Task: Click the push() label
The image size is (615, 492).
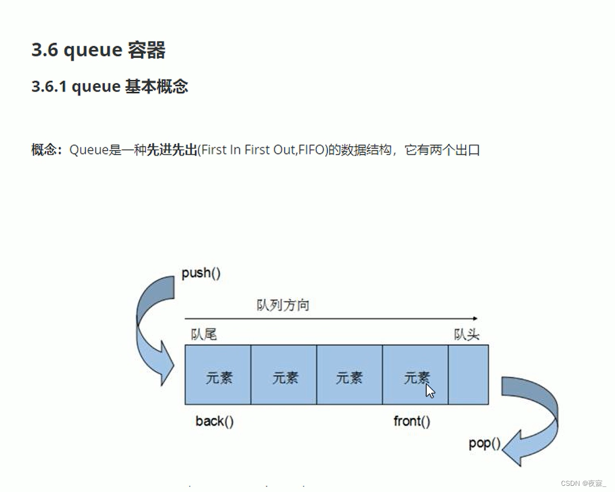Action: coord(201,274)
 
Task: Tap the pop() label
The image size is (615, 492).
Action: coord(484,443)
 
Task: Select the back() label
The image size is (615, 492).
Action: coord(215,421)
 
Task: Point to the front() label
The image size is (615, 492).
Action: coord(412,421)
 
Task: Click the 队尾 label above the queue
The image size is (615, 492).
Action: coord(203,335)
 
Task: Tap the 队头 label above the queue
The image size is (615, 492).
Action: coord(467,335)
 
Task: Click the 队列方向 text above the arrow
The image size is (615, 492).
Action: coord(283,306)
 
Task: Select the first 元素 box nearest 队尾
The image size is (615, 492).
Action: coord(218,375)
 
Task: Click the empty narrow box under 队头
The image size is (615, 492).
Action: coord(468,375)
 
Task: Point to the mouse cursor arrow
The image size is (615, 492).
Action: coord(430,390)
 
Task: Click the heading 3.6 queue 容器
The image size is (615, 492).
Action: coord(98,51)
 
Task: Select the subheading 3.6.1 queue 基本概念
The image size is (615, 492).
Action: coord(110,86)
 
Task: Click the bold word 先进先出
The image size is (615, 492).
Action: coord(171,151)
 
